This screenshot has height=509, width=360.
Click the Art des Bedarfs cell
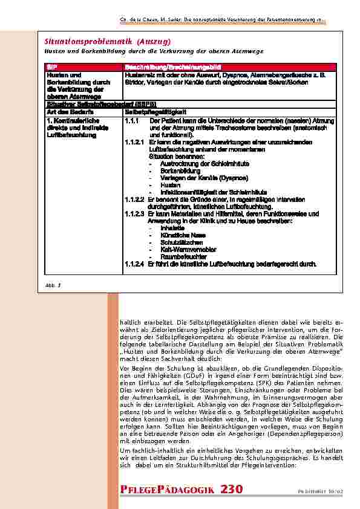(65, 112)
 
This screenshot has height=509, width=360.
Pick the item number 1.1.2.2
(134, 199)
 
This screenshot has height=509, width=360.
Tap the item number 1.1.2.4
(134, 264)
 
